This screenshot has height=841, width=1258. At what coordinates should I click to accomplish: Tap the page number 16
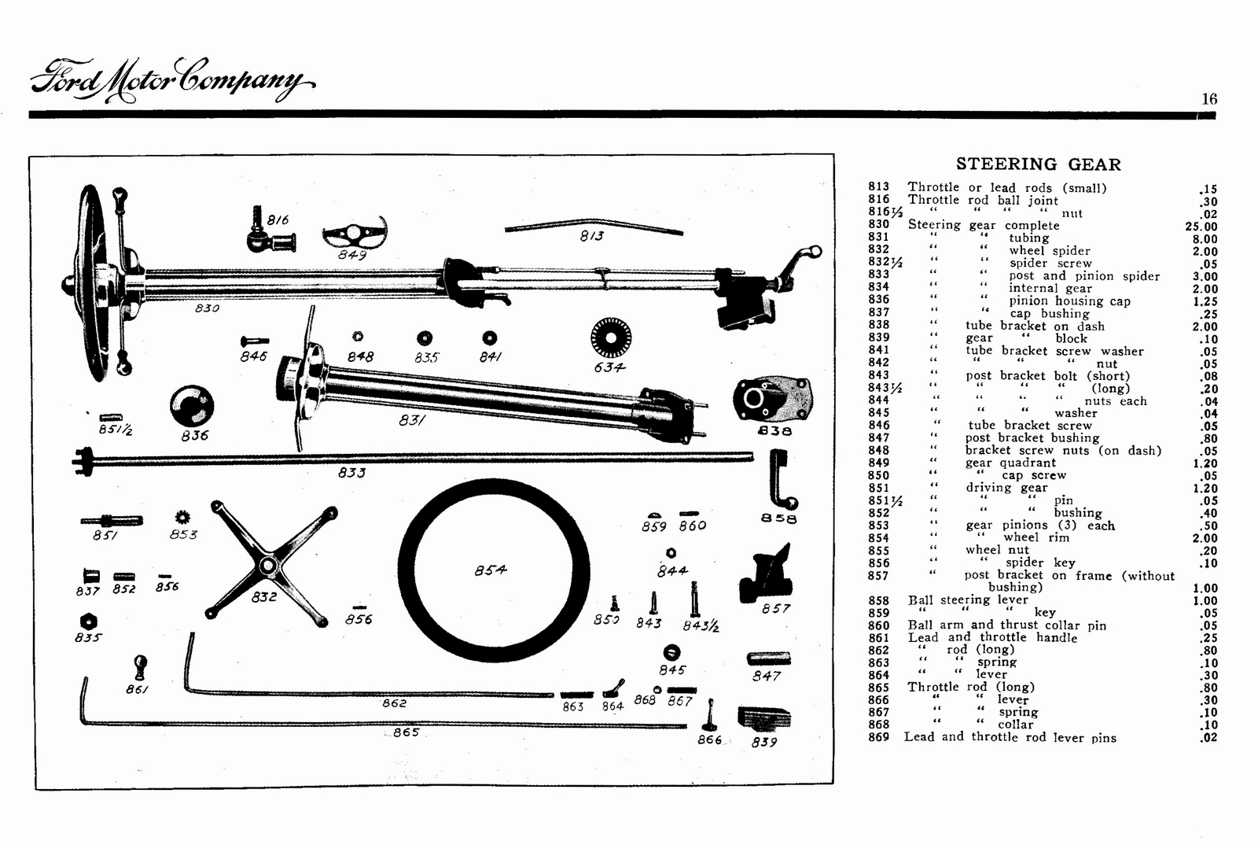pyautogui.click(x=1208, y=99)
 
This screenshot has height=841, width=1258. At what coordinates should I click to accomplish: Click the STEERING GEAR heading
pyautogui.click(x=1038, y=164)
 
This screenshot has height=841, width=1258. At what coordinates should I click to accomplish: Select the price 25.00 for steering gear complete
pyautogui.click(x=1201, y=227)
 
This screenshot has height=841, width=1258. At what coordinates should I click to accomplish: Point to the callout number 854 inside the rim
pyautogui.click(x=491, y=570)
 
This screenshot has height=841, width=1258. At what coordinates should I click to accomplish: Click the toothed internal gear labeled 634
pyautogui.click(x=610, y=338)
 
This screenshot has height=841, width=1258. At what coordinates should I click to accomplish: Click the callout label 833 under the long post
pyautogui.click(x=351, y=473)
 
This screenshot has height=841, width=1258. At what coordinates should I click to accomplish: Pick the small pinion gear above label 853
pyautogui.click(x=183, y=517)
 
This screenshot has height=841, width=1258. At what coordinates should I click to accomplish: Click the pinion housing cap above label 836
pyautogui.click(x=191, y=406)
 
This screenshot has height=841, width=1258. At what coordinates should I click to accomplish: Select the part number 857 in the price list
pyautogui.click(x=878, y=576)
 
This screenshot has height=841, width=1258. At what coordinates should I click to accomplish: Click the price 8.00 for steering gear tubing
pyautogui.click(x=1204, y=239)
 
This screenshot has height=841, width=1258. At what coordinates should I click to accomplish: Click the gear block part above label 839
pyautogui.click(x=764, y=719)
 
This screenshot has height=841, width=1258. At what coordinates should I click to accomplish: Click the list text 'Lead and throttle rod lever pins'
pyautogui.click(x=1010, y=737)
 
